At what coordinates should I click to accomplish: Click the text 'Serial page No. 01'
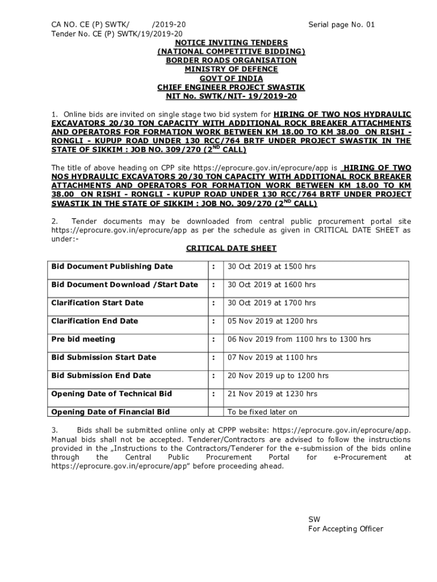coord(341,24)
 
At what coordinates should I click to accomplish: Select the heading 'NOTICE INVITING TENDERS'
coord(231,43)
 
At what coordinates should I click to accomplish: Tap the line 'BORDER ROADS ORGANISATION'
coord(231,60)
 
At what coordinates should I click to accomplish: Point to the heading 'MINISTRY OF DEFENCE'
coord(231,69)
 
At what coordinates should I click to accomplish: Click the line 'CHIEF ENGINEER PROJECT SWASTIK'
coord(231,87)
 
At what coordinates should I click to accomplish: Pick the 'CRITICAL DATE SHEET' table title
coord(231,248)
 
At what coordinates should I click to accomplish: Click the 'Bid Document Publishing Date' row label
coord(112,267)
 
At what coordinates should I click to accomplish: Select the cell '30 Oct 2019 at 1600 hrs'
coord(272,285)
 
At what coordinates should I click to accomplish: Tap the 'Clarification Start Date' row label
coord(97,303)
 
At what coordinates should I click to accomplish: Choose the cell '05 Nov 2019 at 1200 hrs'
coord(272,321)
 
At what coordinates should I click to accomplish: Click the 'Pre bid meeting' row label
coord(83,339)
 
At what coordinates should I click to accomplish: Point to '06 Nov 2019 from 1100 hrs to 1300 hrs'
coord(299,339)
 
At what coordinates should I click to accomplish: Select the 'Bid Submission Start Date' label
coord(103,357)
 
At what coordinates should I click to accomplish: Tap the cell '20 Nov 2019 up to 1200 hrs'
coord(278,376)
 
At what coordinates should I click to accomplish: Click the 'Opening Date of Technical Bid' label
coord(111,394)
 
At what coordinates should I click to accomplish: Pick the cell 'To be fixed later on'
coord(262,412)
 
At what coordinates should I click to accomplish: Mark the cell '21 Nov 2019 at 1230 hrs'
coord(272,394)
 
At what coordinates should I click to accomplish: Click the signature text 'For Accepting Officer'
coord(345,529)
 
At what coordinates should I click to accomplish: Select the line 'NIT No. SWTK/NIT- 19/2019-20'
coord(231,96)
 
